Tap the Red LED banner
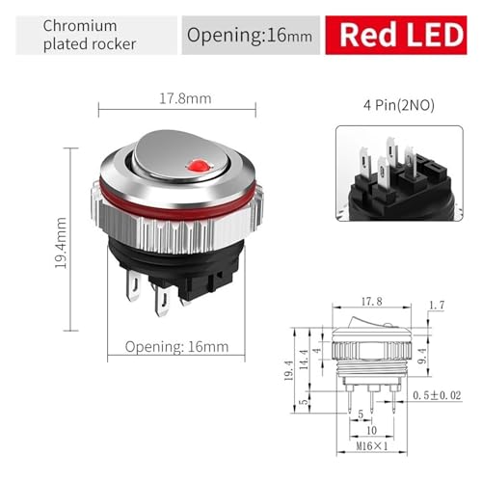pos(396,35)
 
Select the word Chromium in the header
pos(80,26)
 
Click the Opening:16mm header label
pos(250,35)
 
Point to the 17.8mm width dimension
pos(185,98)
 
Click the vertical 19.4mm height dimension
pos(61,243)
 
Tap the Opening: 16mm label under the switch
pos(176,347)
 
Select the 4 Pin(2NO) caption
pos(399,105)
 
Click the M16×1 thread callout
pos(372,446)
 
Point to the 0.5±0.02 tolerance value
pos(437,395)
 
